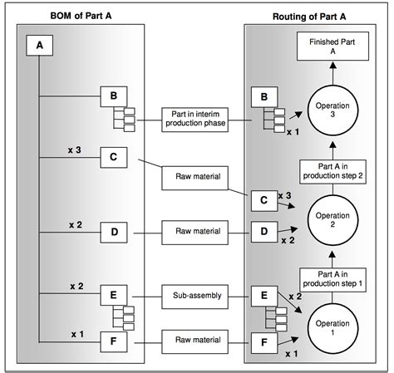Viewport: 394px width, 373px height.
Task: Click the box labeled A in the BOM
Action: (x=38, y=47)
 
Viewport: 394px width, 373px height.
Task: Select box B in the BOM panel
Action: (x=113, y=96)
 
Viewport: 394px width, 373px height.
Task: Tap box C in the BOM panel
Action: (x=113, y=158)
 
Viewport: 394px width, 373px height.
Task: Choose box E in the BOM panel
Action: (x=113, y=295)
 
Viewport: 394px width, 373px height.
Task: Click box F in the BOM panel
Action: (x=113, y=340)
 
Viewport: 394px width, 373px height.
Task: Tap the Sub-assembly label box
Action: (x=191, y=295)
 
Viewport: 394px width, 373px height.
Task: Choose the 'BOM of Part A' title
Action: (x=78, y=17)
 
